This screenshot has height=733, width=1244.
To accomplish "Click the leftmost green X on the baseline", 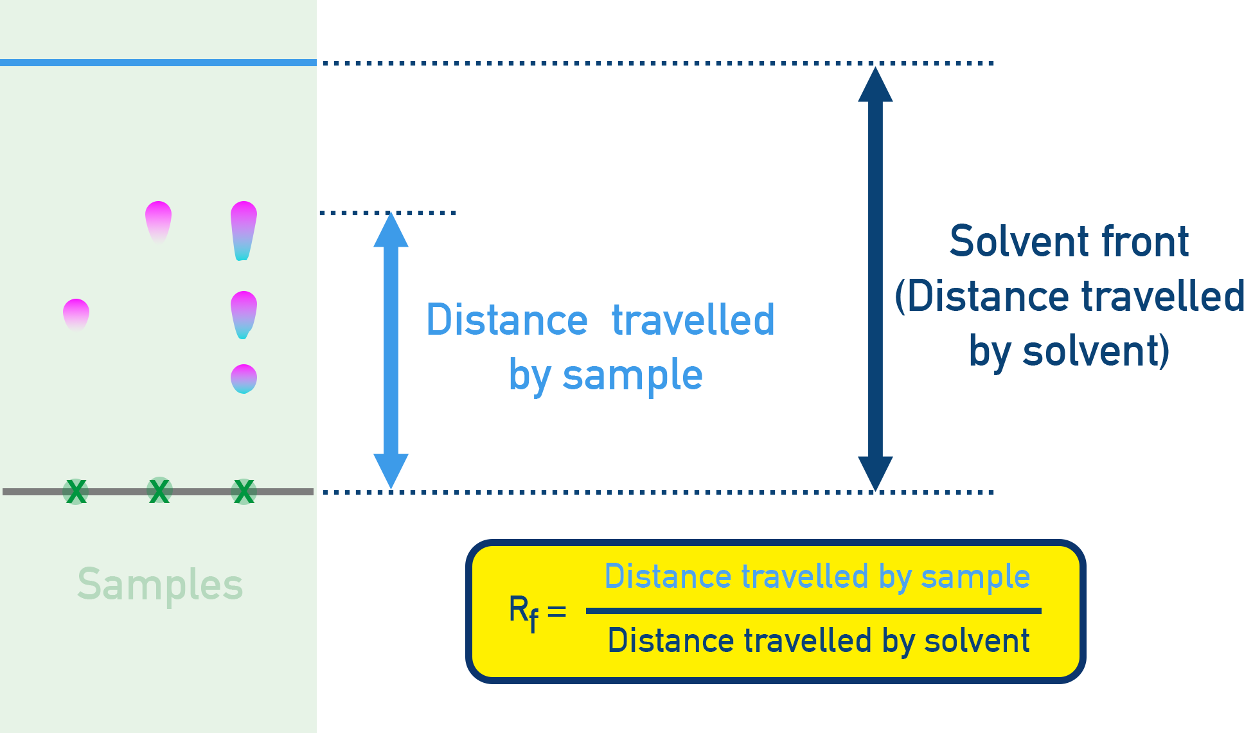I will tap(76, 492).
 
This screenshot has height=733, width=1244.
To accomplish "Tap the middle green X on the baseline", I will tap(159, 491).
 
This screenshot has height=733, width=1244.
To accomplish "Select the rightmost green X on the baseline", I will tap(244, 492).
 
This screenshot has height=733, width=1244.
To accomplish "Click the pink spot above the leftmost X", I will tap(76, 314).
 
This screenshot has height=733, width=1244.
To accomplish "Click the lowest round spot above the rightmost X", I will tap(244, 378).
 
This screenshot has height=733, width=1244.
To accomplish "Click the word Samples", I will tap(160, 585).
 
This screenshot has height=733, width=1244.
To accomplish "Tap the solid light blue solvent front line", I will tap(158, 63).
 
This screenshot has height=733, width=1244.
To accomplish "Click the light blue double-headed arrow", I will tap(391, 351).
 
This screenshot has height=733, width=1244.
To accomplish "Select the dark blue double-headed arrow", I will tap(875, 279).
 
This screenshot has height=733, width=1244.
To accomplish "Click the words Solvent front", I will tap(1069, 242).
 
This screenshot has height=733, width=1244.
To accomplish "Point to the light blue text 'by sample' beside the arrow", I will tap(605, 375).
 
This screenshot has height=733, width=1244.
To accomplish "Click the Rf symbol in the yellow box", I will tap(523, 612).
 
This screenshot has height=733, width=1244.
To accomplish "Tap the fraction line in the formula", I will tap(813, 611).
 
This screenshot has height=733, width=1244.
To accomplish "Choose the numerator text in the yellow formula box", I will tap(817, 576).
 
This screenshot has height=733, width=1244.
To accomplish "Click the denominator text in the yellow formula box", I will tap(819, 641).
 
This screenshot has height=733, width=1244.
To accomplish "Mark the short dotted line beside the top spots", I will tap(387, 213).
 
